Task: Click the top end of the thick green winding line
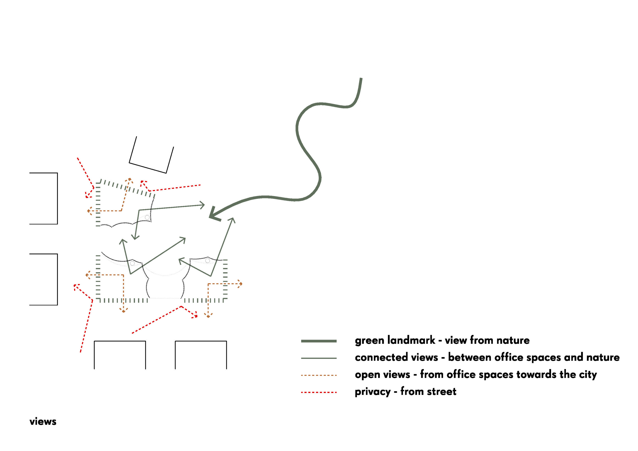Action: pyautogui.click(x=361, y=78)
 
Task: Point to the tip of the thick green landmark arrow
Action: pyautogui.click(x=210, y=217)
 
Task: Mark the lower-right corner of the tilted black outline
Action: pyautogui.click(x=166, y=173)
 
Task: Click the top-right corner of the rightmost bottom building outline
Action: pyautogui.click(x=227, y=341)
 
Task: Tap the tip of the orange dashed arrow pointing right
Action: pyautogui.click(x=242, y=284)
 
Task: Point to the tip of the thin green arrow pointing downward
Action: pyautogui.click(x=135, y=239)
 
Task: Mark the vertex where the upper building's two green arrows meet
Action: pyautogui.click(x=139, y=210)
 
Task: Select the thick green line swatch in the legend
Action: pyautogui.click(x=319, y=341)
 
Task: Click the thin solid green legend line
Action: pyautogui.click(x=319, y=358)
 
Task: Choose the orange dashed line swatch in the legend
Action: pyautogui.click(x=319, y=376)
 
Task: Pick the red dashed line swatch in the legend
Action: pyautogui.click(x=319, y=392)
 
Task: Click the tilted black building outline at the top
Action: pyautogui.click(x=152, y=155)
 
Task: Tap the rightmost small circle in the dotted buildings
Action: pyautogui.click(x=208, y=261)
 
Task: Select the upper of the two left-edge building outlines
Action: pyautogui.click(x=43, y=198)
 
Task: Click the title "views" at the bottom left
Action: pyautogui.click(x=43, y=422)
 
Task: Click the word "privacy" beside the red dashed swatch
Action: pyautogui.click(x=373, y=392)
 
